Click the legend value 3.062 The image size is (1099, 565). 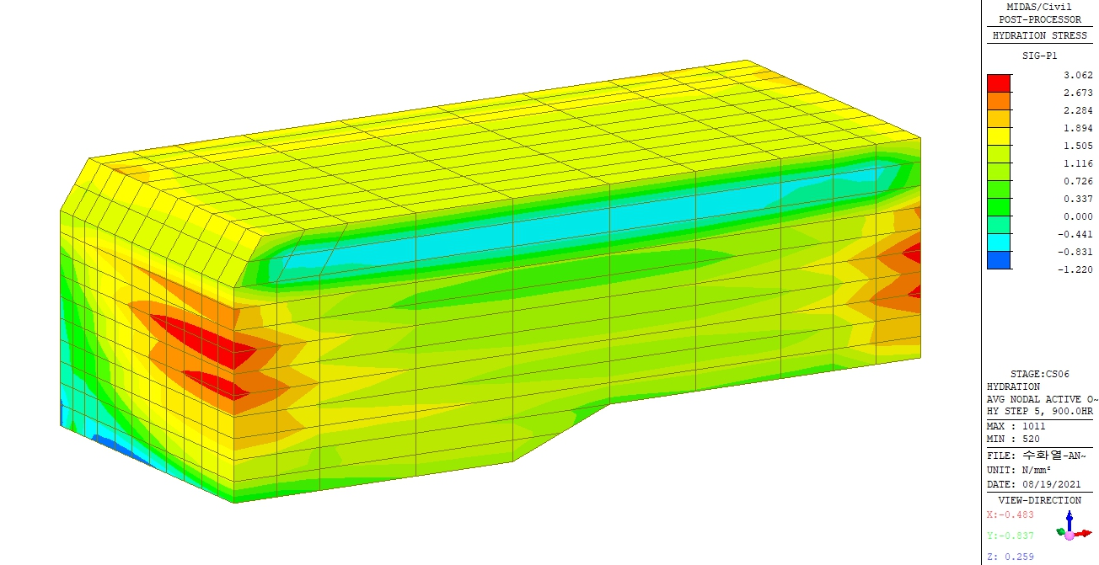click(1078, 75)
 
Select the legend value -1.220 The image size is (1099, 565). click(1075, 269)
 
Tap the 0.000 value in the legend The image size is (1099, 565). click(1078, 216)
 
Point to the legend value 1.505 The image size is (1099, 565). click(1078, 146)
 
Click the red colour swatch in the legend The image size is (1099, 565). click(999, 83)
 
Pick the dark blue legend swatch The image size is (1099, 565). click(999, 260)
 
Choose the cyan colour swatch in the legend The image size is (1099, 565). click(999, 243)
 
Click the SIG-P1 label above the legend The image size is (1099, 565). click(1039, 56)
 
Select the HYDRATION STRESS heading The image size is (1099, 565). click(1040, 35)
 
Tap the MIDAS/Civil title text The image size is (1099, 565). click(1039, 7)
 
